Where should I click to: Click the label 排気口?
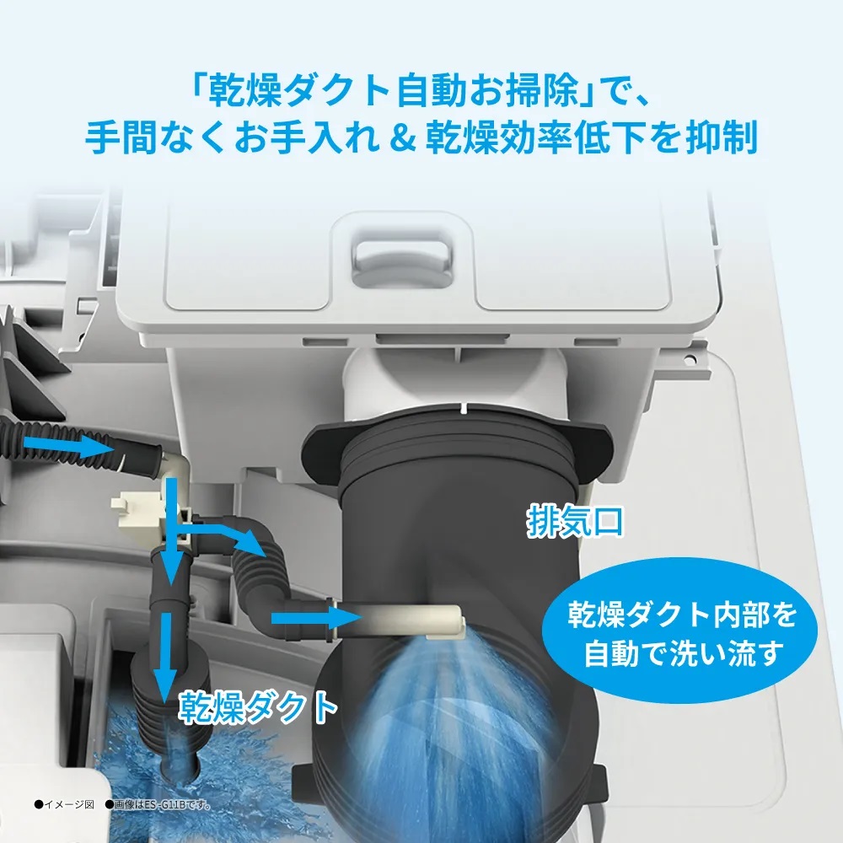coord(575,521)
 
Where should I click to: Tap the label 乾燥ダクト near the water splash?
coord(259,708)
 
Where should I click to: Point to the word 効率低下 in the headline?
coord(571,137)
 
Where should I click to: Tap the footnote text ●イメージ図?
coord(64,804)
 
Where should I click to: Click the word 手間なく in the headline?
coord(155,137)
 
